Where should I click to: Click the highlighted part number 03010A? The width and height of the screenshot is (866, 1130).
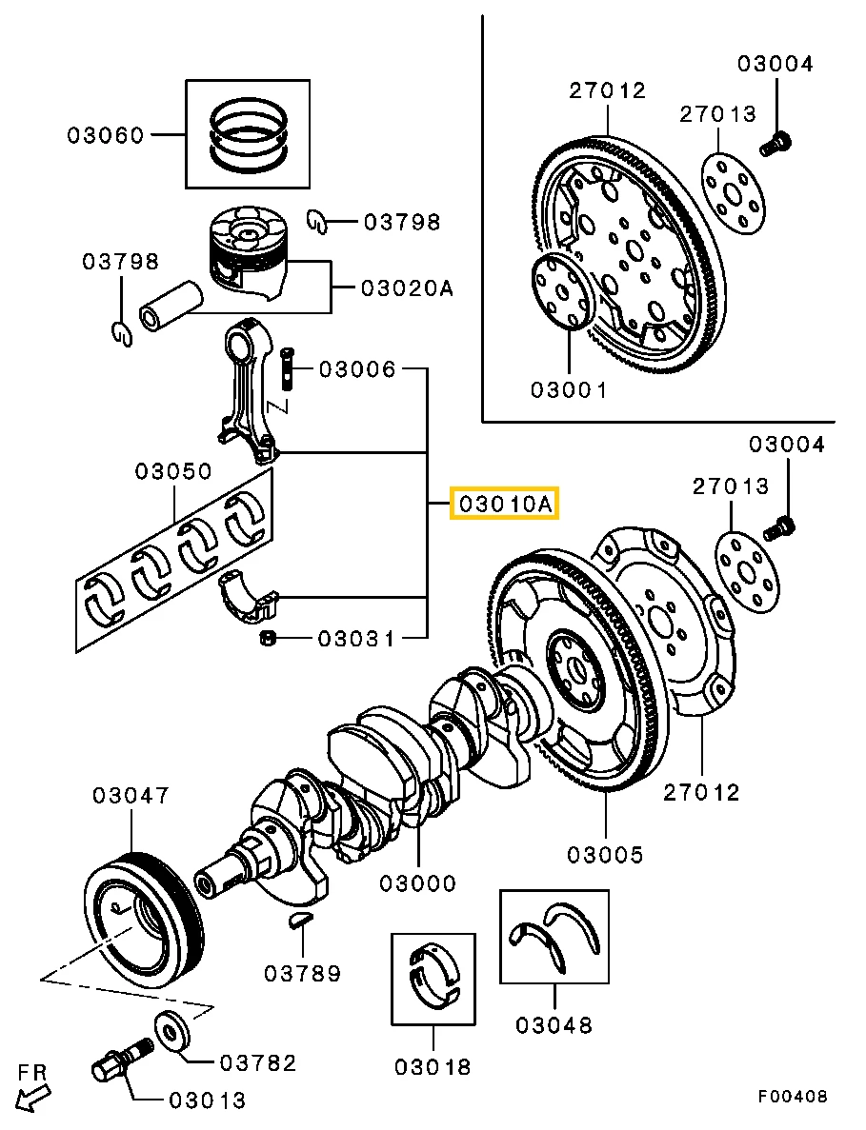[504, 504]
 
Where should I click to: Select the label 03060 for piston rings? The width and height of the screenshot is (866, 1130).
[105, 135]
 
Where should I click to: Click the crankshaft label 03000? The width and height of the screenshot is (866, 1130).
[417, 883]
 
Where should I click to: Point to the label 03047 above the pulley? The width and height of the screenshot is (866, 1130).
[131, 795]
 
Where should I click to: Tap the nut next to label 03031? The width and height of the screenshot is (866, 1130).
[269, 638]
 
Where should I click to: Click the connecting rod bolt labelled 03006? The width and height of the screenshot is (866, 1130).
[287, 369]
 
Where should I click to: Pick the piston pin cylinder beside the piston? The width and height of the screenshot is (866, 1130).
[171, 305]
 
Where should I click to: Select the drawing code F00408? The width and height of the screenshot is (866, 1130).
[793, 1097]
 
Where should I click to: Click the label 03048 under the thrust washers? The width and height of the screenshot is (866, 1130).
[554, 1025]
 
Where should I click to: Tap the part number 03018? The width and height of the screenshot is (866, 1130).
[433, 1067]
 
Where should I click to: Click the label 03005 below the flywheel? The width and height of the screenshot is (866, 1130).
[605, 855]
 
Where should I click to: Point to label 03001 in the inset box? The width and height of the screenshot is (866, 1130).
[568, 389]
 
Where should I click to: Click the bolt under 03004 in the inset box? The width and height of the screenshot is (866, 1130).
[775, 145]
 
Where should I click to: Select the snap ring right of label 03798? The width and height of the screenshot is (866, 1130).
[319, 222]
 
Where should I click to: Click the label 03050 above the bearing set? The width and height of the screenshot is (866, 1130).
[173, 471]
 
